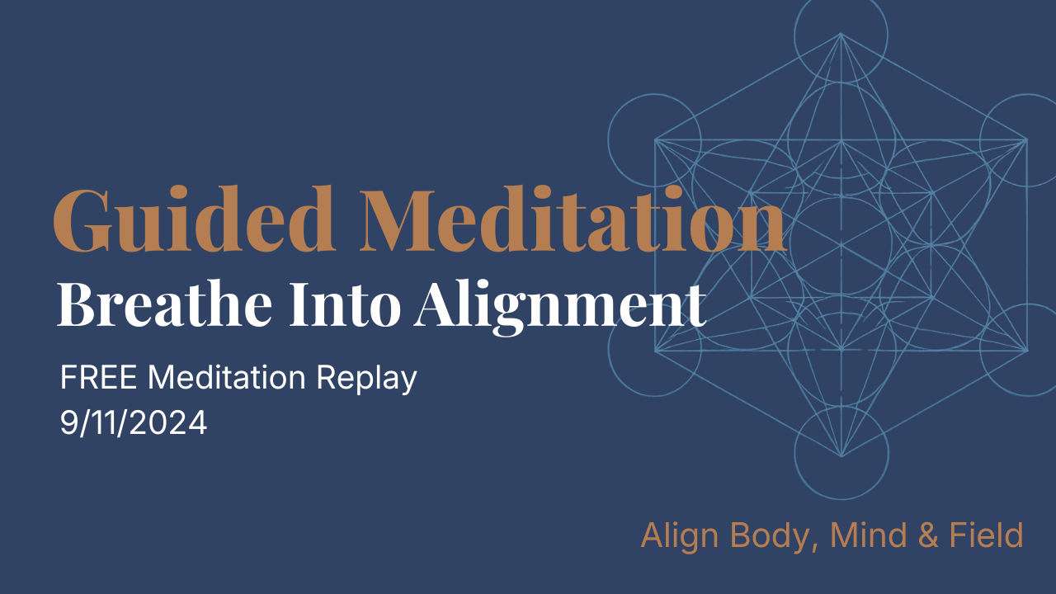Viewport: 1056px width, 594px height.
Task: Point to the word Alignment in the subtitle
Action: coord(561,305)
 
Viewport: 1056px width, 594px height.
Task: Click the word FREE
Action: coord(100,379)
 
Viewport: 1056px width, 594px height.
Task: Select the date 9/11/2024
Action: coord(134,423)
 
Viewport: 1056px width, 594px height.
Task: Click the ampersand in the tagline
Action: coord(928,535)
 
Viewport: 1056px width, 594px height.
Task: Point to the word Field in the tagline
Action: coord(988,535)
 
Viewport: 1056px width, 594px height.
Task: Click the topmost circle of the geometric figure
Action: coord(841,34)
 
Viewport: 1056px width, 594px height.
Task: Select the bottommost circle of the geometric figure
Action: coord(841,453)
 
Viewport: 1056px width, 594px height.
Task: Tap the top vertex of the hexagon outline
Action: coord(841,34)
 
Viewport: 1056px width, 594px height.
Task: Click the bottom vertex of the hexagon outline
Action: coord(841,456)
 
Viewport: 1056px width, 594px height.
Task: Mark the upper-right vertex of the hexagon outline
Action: coord(1026,139)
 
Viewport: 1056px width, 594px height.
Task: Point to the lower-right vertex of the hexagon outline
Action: coord(1026,351)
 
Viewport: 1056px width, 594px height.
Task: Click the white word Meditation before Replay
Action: coord(229,379)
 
